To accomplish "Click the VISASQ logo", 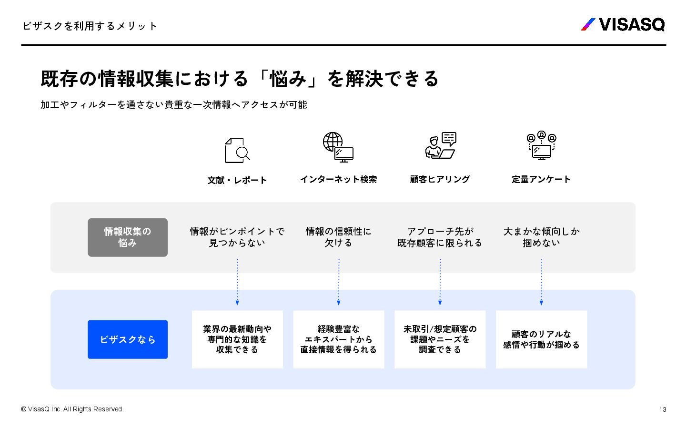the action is [623, 24].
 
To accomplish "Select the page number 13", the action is [662, 409].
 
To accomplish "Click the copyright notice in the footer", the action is [72, 409].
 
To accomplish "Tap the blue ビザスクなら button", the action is [128, 339].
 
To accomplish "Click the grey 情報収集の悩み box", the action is [128, 237].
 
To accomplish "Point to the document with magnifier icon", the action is [237, 150].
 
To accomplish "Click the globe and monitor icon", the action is [338, 147].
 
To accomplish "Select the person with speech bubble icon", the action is [441, 145].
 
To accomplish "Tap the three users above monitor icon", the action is [542, 145].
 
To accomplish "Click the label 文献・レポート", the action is [237, 180].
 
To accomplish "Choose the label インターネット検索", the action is [338, 179].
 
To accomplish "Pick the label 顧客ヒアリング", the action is [440, 179].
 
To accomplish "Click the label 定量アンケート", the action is [541, 179].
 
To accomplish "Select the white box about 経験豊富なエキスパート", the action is [339, 339].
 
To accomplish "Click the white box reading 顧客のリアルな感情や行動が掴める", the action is [542, 339].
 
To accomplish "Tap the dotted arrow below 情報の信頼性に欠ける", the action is [339, 282].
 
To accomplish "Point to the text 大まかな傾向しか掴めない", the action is [542, 237].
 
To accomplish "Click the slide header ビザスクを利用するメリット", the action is [90, 26].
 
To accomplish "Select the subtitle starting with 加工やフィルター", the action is [173, 105].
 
